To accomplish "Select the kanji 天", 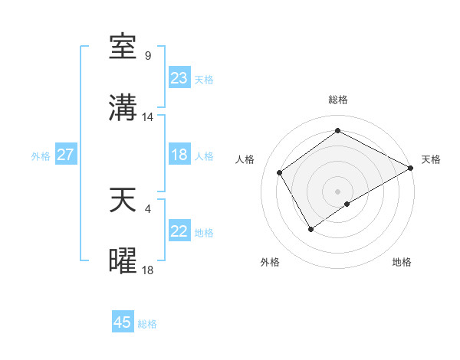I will pos(123,200).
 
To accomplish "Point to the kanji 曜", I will pos(123,261).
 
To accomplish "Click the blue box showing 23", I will pos(179,78).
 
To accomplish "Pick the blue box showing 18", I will pos(179,155).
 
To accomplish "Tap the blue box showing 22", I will pos(179,231).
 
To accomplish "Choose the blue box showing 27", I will pos(65,155).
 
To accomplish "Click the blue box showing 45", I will pos(123,322).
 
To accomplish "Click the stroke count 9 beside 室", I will pos(148,56).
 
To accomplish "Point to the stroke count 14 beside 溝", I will pos(148,117).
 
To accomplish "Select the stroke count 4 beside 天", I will pos(148,208).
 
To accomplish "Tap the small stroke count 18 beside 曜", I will pos(148,270).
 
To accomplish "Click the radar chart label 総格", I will pos(338,100).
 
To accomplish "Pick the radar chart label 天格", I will pos(431,159).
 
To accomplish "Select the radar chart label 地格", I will pos(402,262).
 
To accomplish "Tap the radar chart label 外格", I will pos(270,262).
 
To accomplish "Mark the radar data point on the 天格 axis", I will pos(410,168).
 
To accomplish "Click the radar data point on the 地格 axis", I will pos(347,204).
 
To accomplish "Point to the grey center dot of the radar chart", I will pos(337,191).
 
